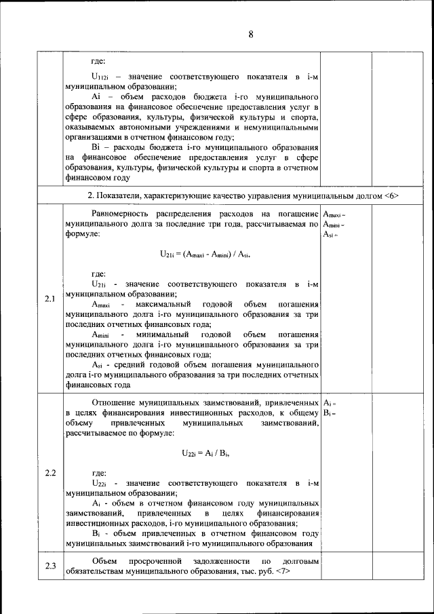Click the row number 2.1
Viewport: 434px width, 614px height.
50,299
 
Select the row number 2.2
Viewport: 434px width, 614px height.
50,472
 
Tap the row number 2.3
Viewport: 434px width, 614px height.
50,567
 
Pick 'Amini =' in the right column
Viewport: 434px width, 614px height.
334,225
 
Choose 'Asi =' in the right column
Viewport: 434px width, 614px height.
330,234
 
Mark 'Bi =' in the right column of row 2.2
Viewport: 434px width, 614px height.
330,413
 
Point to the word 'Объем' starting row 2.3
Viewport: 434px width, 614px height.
103,562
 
